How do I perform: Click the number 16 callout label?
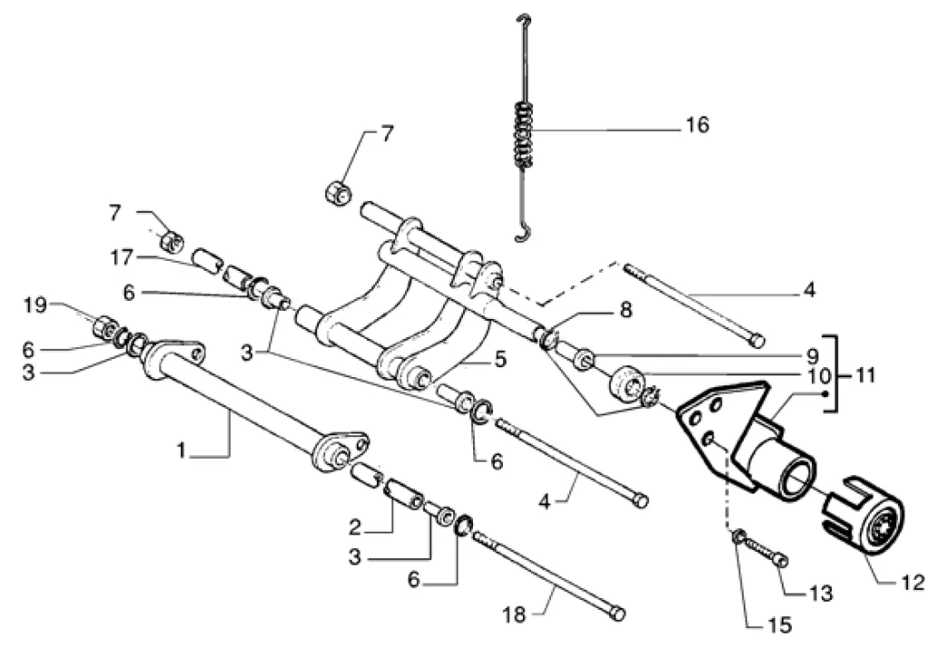pos(696,125)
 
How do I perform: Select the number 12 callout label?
pos(912,583)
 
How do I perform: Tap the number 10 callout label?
pos(814,374)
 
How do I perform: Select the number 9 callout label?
pos(814,353)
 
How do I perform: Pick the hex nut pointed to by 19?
pos(104,325)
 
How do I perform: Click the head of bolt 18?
pos(617,613)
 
